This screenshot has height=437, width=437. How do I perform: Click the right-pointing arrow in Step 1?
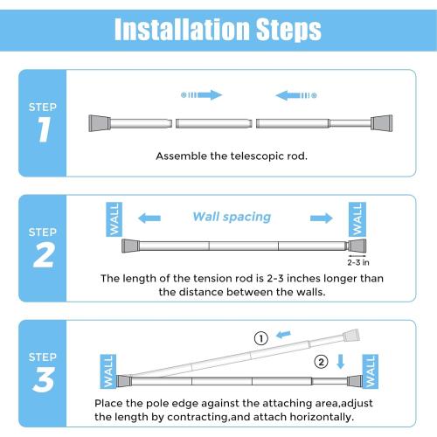coord(202,94)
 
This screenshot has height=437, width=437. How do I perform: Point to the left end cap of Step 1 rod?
coord(95,123)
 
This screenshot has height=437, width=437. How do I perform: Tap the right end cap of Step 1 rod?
coord(383,123)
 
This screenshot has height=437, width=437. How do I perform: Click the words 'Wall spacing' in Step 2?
coord(232,217)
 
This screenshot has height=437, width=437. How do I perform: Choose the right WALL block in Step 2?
coord(356,218)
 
